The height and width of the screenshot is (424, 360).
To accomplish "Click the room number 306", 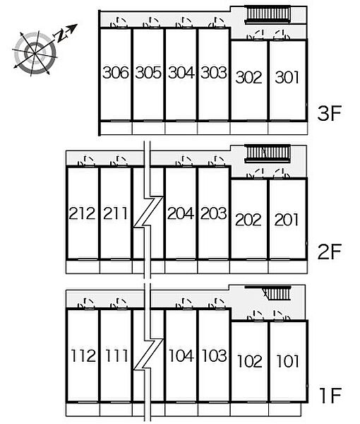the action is tap(116, 73).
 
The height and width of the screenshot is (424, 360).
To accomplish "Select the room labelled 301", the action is tap(287, 77).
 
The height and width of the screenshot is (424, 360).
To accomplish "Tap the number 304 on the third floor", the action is tap(181, 73).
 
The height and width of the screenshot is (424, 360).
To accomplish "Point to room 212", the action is tap(82, 213).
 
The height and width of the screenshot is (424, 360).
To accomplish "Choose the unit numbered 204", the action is tap(181, 213).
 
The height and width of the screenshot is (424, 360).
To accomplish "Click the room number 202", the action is tap(248, 219).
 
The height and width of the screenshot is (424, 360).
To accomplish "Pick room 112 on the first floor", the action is tap(83, 355).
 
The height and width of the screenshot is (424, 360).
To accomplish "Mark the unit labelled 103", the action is tap(214, 355).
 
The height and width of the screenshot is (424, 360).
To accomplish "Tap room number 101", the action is tap(288, 361).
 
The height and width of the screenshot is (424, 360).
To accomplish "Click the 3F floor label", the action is tap(330, 113).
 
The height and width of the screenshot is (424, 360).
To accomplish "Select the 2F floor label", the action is tap(330, 252).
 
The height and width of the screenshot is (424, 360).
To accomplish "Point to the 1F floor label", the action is tap(330, 396).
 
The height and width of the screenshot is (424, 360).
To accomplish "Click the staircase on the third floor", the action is tap(268, 15).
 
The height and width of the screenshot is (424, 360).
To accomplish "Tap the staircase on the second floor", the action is tap(268, 153).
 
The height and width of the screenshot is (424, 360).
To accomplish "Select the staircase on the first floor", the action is tap(277, 294).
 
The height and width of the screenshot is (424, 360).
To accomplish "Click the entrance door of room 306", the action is tap(119, 23).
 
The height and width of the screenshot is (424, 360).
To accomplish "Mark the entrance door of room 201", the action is tap(282, 174).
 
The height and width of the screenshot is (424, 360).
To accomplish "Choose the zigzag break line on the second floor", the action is tap(148, 211).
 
